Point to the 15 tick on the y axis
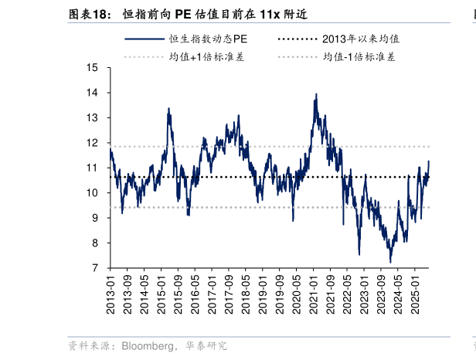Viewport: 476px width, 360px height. pos(93,68)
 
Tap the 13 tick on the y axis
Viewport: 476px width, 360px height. pos(93,118)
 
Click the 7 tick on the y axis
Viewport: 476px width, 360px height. pos(95,268)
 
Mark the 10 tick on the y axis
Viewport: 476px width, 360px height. pos(93,193)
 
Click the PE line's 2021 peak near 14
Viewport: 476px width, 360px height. pos(316,94)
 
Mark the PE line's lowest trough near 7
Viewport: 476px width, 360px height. pos(391,262)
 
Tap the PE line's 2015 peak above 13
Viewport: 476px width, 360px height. pos(168,109)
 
